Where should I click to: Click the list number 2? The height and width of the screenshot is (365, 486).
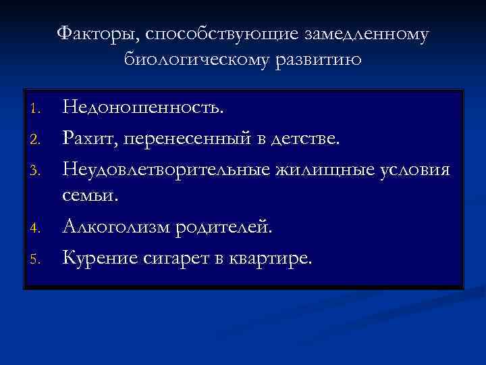pyautogui.click(x=37, y=139)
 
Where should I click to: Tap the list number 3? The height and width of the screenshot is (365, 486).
pyautogui.click(x=37, y=171)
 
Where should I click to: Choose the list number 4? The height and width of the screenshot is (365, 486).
pyautogui.click(x=37, y=228)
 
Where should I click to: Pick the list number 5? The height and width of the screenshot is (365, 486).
pyautogui.click(x=37, y=259)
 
